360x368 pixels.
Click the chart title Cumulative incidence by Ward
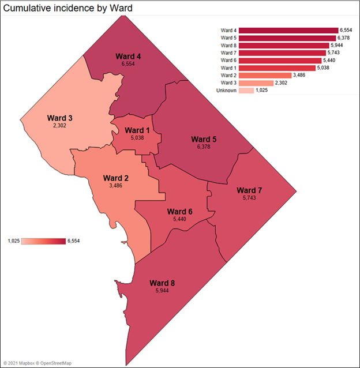[x=69, y=8]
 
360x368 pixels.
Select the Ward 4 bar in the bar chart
[x=288, y=30]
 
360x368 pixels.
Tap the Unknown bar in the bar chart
[x=246, y=90]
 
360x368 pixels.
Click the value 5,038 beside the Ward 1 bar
[x=325, y=67]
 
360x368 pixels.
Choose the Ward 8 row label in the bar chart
[x=228, y=45]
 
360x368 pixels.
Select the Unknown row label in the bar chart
[x=226, y=90]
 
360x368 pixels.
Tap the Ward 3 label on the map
[x=61, y=118]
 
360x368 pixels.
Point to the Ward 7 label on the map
[x=249, y=190]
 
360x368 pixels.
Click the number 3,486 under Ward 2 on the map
[x=116, y=186]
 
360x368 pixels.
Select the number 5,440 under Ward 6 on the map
[x=179, y=219]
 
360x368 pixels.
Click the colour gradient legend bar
[x=43, y=241]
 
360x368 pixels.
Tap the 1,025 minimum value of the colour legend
[x=14, y=241]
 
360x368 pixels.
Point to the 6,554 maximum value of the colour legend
[x=74, y=241]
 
